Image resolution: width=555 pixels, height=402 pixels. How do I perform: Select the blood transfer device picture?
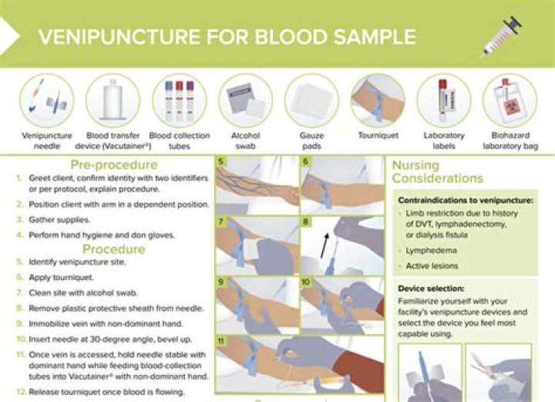tap(113, 100)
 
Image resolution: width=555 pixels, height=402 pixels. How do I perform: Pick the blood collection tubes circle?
tap(179, 100)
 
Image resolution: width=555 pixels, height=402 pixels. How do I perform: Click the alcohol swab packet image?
tap(246, 101)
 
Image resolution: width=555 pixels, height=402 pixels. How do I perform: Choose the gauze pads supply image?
tap(311, 101)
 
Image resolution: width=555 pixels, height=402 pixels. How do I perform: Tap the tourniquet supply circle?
tap(378, 100)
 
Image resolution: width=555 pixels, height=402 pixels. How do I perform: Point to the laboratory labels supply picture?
tap(443, 100)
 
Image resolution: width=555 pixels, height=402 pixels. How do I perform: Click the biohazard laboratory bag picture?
tap(510, 100)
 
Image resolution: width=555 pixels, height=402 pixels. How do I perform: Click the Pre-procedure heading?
tap(114, 164)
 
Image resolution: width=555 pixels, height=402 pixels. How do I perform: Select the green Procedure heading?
tap(113, 249)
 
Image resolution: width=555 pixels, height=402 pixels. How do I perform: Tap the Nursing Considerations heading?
tap(437, 172)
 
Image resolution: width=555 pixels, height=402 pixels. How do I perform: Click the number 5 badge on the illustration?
tap(221, 162)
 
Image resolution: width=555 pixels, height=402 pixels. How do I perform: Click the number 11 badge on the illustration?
tap(222, 341)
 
